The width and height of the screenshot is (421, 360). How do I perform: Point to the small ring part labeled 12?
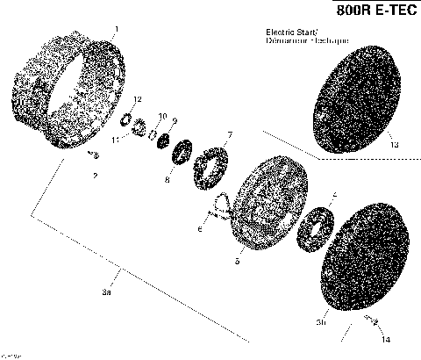pyautogui.click(x=125, y=118)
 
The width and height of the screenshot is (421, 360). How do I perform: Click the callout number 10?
pyautogui.click(x=162, y=116)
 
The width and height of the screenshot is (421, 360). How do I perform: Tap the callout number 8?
pyautogui.click(x=168, y=179)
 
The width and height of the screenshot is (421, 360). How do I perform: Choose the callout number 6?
pyautogui.click(x=200, y=230)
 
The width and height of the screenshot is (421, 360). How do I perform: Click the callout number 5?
pyautogui.click(x=236, y=261)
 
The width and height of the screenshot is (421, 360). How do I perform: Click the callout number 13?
pyautogui.click(x=394, y=145)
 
